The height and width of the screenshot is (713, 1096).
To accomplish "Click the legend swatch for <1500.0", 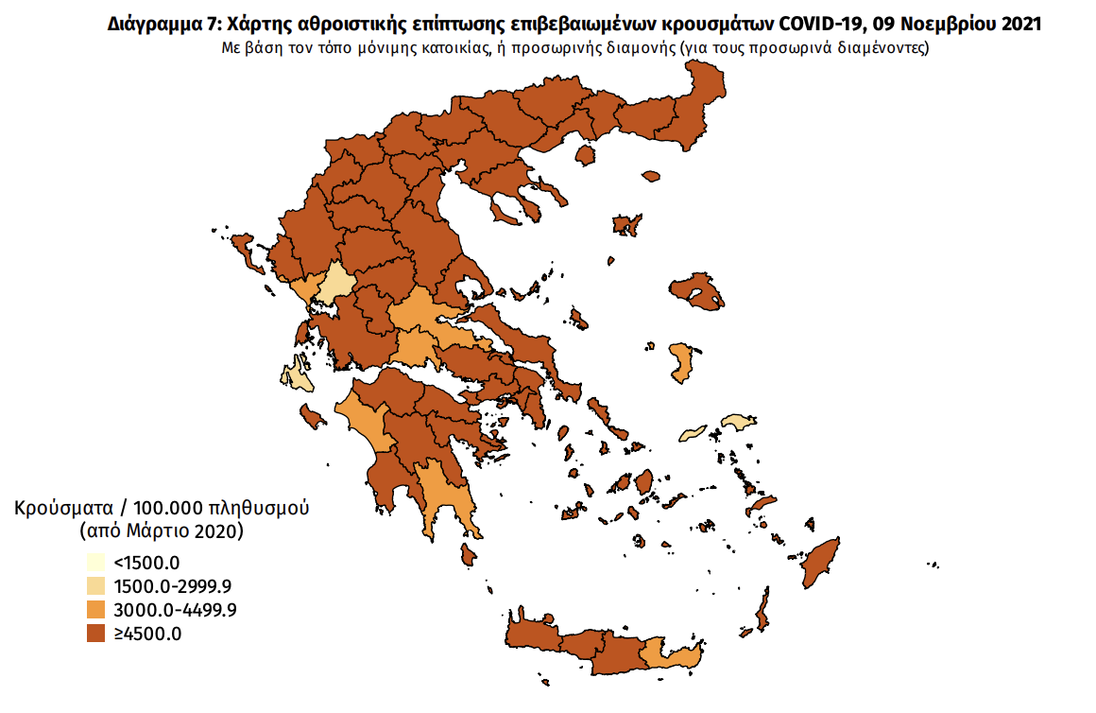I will (x=94, y=565).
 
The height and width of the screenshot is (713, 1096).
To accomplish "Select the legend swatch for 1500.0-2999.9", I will (x=94, y=587).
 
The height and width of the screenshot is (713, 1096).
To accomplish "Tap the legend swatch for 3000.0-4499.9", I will (x=94, y=610).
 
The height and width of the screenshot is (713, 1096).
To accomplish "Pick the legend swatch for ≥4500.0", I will (x=94, y=633).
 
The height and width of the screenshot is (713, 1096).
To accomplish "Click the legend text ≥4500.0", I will (x=147, y=634).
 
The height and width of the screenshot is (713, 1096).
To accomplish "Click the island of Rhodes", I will (x=821, y=564).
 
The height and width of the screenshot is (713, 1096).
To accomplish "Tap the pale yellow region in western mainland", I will (x=334, y=283).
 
